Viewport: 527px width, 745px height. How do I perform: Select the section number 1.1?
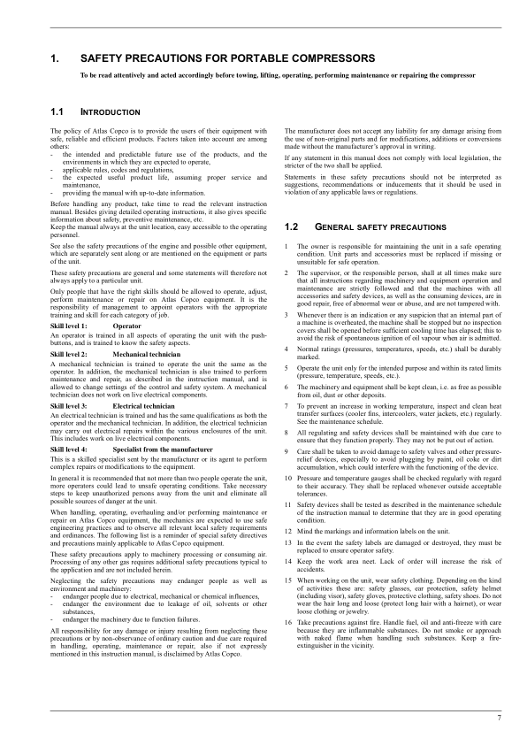pyautogui.click(x=57, y=113)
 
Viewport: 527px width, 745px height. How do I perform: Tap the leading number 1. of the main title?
pyautogui.click(x=55, y=59)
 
